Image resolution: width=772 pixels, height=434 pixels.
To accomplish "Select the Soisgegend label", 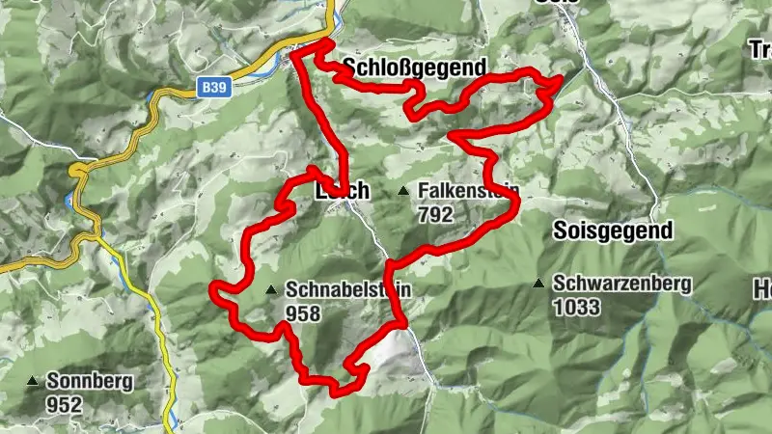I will (x=613, y=231).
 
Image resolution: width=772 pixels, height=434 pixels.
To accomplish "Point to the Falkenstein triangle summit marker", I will (x=403, y=191).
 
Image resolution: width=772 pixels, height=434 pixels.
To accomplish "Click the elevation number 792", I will (x=436, y=215).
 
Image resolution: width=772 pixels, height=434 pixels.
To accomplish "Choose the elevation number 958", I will (x=303, y=312).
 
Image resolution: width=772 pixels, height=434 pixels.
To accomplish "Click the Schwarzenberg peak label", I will (x=623, y=285).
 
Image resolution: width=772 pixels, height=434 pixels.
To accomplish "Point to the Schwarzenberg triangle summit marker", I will (x=539, y=284).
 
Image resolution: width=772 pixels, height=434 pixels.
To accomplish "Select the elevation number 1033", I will (x=577, y=308).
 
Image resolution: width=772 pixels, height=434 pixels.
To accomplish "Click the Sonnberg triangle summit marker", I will (x=34, y=381).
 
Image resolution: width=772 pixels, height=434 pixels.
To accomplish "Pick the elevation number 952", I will (x=64, y=405).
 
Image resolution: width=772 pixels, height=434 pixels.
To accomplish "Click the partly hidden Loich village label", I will (x=343, y=192).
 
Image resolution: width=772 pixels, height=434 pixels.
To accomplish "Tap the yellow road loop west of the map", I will (x=78, y=171).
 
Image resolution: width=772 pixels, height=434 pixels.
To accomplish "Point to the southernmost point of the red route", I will (x=338, y=392).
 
